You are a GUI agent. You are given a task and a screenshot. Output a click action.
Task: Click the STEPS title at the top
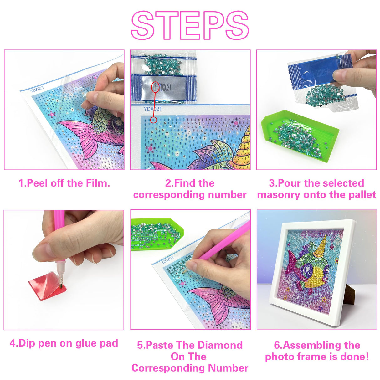click(190, 25)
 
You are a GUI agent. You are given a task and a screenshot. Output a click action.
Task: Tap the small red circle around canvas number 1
click(153, 120)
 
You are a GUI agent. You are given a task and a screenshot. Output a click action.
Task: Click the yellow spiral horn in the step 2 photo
click(243, 150)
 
